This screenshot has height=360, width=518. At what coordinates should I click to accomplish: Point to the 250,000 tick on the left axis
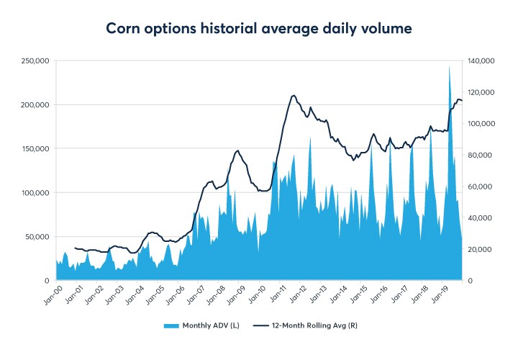[x=35, y=61]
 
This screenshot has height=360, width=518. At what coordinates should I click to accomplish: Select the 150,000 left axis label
[x=35, y=149]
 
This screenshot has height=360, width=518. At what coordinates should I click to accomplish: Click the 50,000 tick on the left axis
[x=37, y=237]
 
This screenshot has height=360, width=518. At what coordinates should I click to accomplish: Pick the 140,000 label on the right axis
[x=481, y=61]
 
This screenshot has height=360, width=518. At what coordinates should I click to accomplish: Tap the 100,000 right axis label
[x=481, y=124]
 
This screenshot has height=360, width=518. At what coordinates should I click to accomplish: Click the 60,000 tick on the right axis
[x=479, y=186]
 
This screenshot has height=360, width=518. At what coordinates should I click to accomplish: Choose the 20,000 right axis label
[x=479, y=249]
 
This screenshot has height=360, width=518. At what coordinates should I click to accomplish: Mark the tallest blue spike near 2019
[x=450, y=68]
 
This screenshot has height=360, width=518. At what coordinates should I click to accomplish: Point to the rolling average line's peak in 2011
[x=294, y=95]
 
